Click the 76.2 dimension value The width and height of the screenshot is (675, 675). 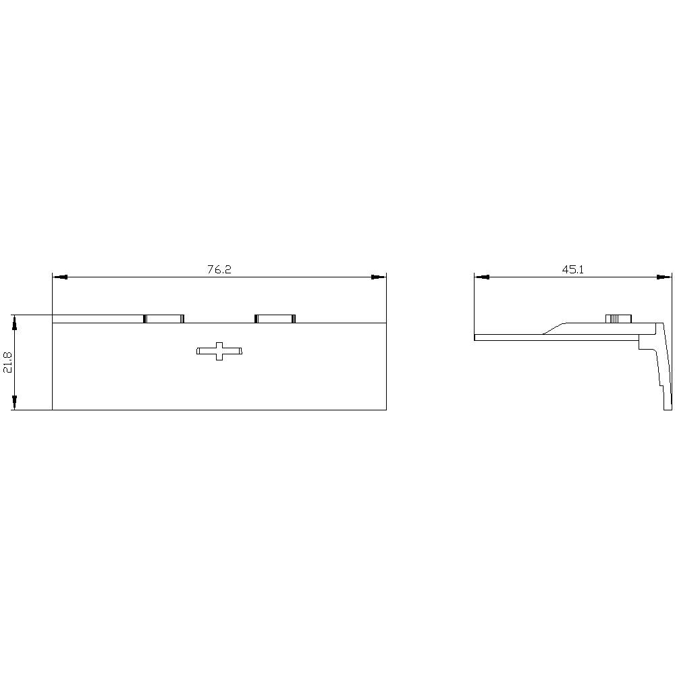[219, 269]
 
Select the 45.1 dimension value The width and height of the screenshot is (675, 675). [572, 269]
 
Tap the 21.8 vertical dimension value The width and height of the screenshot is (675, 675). [7, 362]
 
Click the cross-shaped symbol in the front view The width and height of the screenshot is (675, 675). [219, 351]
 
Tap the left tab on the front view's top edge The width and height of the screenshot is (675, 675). [164, 319]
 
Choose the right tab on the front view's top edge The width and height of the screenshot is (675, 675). [275, 319]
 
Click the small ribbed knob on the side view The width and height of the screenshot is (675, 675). [618, 319]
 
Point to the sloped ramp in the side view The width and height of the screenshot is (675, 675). [553, 327]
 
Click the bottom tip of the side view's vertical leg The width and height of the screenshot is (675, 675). [668, 408]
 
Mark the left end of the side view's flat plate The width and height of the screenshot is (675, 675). [476, 337]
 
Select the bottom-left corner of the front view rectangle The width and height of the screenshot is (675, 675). [53, 409]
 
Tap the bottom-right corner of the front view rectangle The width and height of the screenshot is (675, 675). [385, 409]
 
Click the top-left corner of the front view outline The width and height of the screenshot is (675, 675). [53, 315]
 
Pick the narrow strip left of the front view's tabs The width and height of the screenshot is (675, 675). [98, 319]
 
